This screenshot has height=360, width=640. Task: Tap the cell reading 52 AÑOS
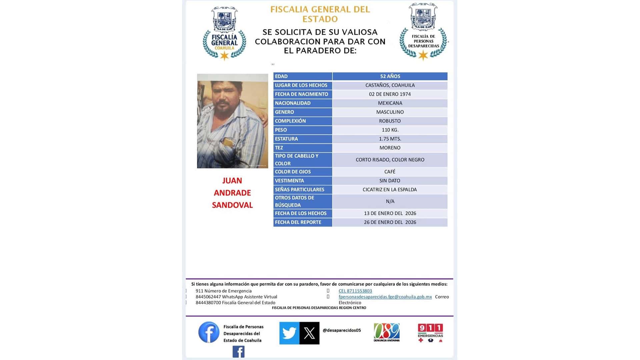click(x=390, y=76)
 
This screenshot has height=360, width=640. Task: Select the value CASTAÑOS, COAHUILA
click(x=390, y=85)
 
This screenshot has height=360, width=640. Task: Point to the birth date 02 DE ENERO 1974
click(x=390, y=94)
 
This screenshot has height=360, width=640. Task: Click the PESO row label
click(x=281, y=130)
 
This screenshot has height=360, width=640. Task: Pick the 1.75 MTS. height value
click(x=390, y=139)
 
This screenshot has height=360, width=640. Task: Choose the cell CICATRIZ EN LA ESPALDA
click(x=390, y=190)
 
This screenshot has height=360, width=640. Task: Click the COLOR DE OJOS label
click(x=293, y=172)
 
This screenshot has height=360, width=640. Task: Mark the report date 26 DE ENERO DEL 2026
click(x=390, y=222)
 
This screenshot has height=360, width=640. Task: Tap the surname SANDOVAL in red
click(x=232, y=205)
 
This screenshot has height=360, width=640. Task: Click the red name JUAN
click(x=232, y=181)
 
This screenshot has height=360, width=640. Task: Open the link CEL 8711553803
click(x=355, y=291)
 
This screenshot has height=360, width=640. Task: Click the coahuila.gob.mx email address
click(x=385, y=297)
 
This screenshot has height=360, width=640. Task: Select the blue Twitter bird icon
click(x=289, y=333)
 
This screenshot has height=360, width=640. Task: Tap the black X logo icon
click(x=309, y=333)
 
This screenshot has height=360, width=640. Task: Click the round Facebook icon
click(x=209, y=332)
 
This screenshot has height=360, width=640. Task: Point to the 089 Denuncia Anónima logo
click(x=387, y=332)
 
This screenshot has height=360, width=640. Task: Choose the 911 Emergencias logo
click(x=430, y=333)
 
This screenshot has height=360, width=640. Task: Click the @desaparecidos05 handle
click(x=342, y=330)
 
